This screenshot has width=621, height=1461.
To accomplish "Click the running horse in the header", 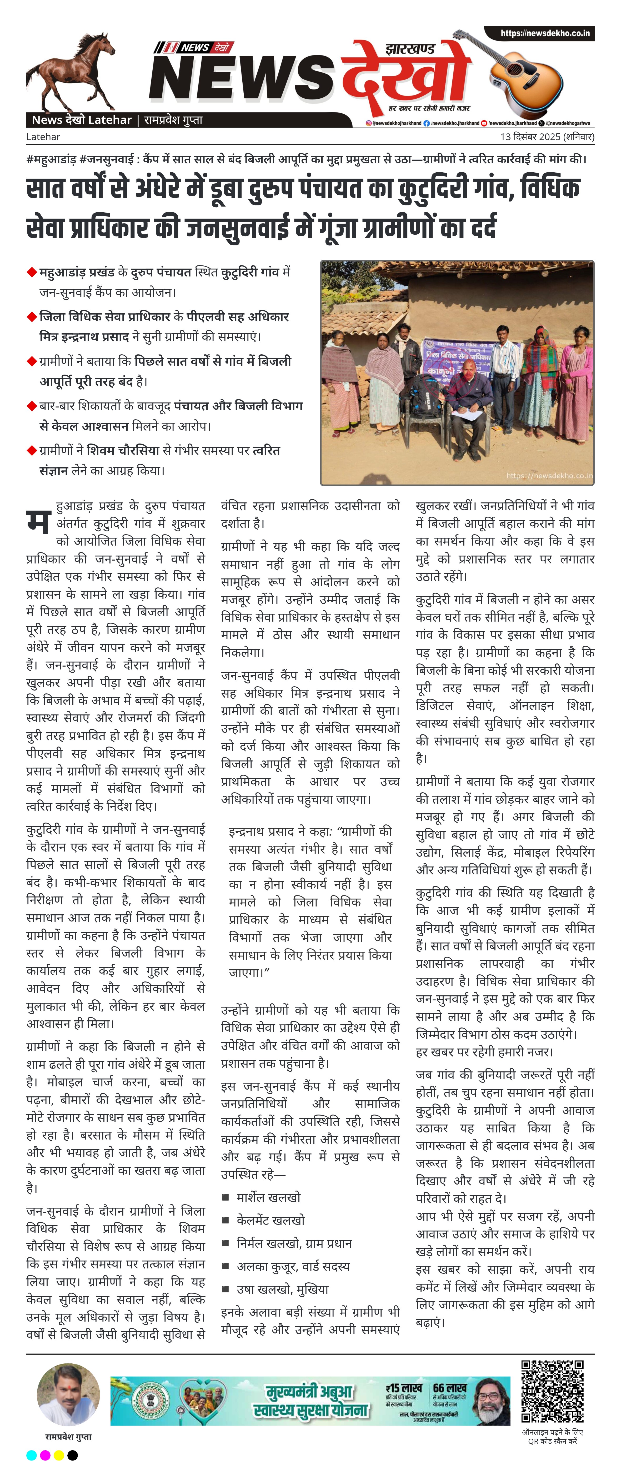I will pos(71,71).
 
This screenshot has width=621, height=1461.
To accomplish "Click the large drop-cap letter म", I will pos(39,521).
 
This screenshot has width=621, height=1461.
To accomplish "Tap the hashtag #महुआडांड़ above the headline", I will pos(51,159).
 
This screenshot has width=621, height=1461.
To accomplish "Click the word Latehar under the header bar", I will pos(43,137).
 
